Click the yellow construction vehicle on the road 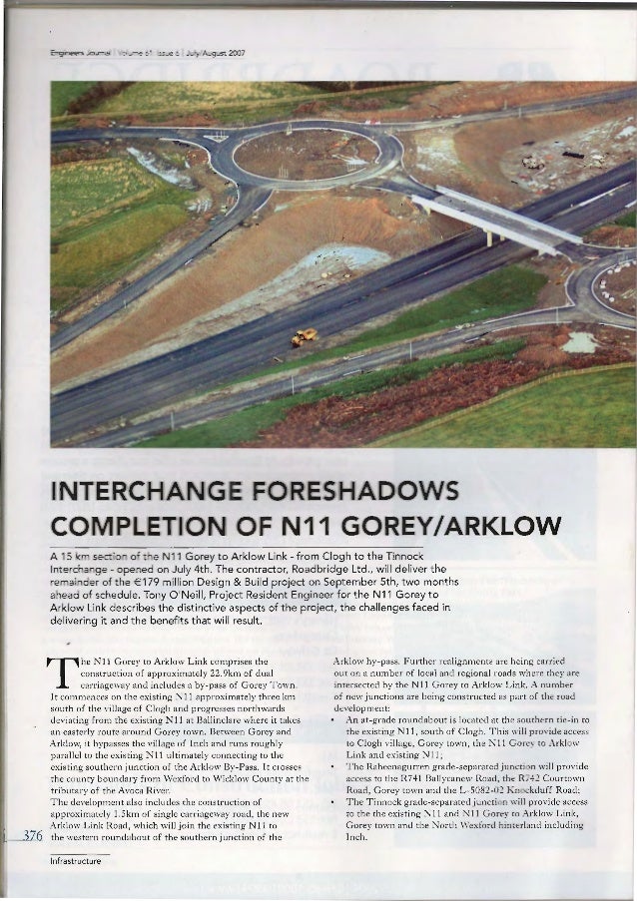[x=304, y=337]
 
